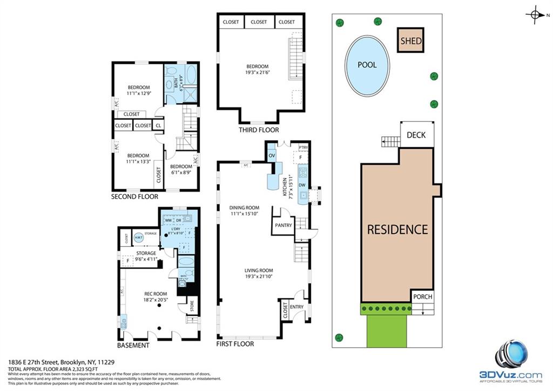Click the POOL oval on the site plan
pyautogui.click(x=367, y=65)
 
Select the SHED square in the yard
pyautogui.click(x=411, y=41)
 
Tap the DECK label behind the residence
pyautogui.click(x=416, y=135)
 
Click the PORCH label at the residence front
pyautogui.click(x=422, y=297)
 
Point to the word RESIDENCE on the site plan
pyautogui.click(x=397, y=229)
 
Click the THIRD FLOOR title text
pyautogui.click(x=259, y=130)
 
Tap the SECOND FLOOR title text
pyautogui.click(x=134, y=196)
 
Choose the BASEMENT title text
pyautogui.click(x=133, y=345)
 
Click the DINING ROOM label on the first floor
pyautogui.click(x=244, y=208)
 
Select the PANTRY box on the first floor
pyautogui.click(x=283, y=226)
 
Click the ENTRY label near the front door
pyautogui.click(x=296, y=307)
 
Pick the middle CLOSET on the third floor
pyautogui.click(x=259, y=22)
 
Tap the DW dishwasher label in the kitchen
pyautogui.click(x=302, y=185)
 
